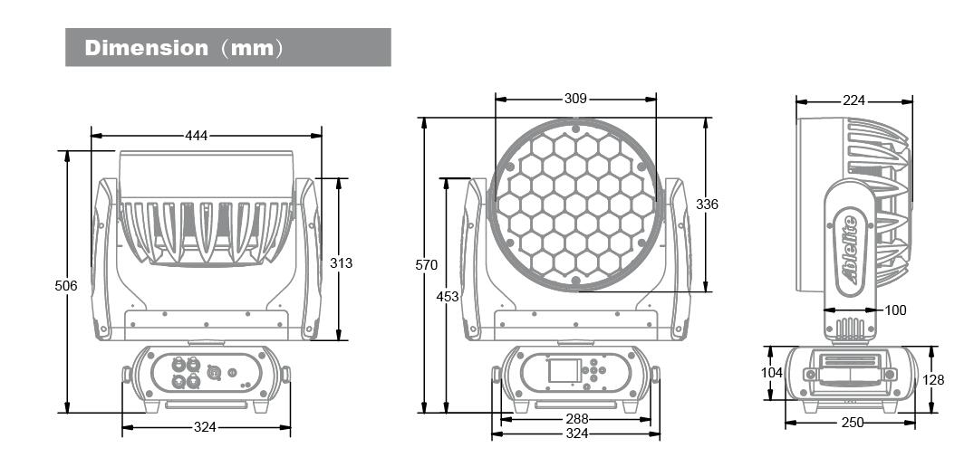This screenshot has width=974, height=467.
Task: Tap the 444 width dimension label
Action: click(x=197, y=135)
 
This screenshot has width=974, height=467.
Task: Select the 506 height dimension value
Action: click(x=66, y=286)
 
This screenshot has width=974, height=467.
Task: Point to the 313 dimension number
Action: click(x=341, y=263)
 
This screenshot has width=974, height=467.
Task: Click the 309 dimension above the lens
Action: click(x=576, y=99)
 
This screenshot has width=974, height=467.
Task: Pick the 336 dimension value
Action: click(x=707, y=204)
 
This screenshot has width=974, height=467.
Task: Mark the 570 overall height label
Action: click(x=427, y=265)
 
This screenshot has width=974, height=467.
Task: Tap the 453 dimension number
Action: click(x=448, y=297)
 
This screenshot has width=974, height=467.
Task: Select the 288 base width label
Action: click(x=577, y=419)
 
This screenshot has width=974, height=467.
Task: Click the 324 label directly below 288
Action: click(x=577, y=434)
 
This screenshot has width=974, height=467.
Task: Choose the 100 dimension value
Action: click(x=895, y=310)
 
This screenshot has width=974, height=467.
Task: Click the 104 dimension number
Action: click(x=771, y=373)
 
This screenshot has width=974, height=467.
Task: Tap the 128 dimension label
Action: click(x=933, y=379)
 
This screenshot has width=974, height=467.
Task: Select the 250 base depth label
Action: click(x=853, y=423)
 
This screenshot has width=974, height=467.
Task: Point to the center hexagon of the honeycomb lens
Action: click(x=576, y=204)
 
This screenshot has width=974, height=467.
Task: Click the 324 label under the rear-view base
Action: click(x=205, y=426)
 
